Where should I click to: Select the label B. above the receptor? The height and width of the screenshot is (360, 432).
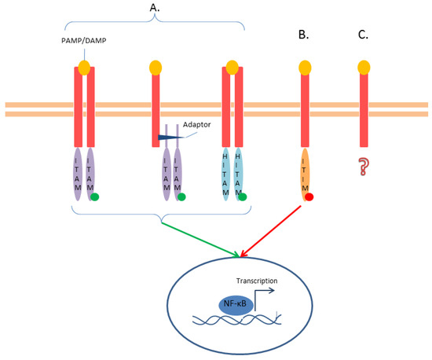tap(302, 35)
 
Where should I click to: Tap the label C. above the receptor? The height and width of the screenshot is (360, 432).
tap(363, 35)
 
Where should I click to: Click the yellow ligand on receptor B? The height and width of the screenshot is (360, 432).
tap(303, 67)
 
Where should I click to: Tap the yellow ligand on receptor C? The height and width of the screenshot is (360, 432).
tap(364, 67)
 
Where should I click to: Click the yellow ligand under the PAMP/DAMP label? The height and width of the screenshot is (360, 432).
tap(84, 68)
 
